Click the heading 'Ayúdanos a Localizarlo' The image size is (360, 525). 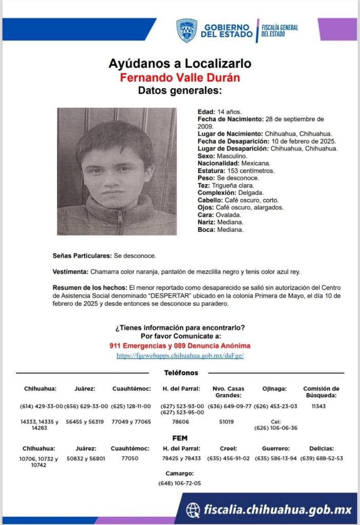tap(179, 64)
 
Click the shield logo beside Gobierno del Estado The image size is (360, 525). tap(187, 30)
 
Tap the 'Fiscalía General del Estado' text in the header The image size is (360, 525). tap(279, 30)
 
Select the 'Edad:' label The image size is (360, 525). tap(206, 112)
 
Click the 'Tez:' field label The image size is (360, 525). tap(204, 185)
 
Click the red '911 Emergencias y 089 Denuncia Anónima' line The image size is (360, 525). tap(179, 346)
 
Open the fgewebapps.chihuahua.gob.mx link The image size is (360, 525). tap(179, 355)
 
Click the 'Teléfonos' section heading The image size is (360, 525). tap(181, 373)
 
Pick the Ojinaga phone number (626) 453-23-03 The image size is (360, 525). tap(276, 407)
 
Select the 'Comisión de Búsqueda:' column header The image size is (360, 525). tap(321, 392)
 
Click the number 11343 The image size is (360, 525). tap(318, 407)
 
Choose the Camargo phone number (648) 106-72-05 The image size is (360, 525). tap(179, 483)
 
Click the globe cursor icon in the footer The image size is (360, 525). tap(193, 509)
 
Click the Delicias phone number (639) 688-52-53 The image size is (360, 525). tap(322, 458)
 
